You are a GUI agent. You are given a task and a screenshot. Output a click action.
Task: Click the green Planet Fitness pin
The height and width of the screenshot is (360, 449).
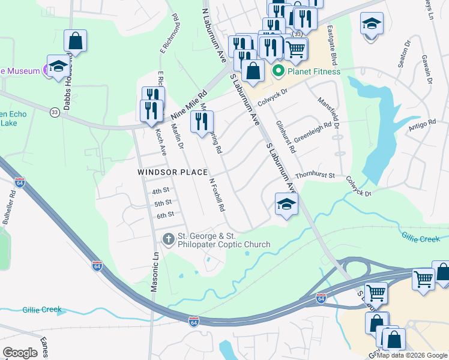coord(279,72)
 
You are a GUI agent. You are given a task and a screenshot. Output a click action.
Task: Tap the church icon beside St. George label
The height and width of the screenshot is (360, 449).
coord(169,239)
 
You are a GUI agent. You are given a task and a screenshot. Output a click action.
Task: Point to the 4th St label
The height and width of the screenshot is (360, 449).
coord(161,191)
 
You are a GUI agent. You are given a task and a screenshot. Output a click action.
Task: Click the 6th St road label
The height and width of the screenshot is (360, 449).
coord(165,215)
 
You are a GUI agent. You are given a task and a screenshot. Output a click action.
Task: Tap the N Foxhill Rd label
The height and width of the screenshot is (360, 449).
coord(217,195)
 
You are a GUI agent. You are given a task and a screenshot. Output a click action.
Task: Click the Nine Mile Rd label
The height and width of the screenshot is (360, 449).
coord(188,106)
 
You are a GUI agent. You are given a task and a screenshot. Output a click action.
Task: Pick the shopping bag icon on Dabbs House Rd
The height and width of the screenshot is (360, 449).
coord(76,40)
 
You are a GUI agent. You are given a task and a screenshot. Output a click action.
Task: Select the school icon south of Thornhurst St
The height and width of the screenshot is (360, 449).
coord(286,204)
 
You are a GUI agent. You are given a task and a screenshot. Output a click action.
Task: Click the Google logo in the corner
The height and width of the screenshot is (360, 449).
coord(20,353)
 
